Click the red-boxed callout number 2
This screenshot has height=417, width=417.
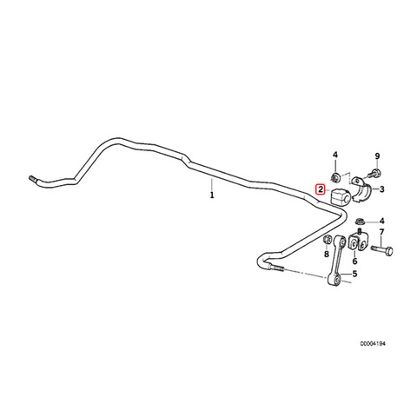click(x=321, y=190)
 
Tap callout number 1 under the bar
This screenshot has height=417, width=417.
click(x=212, y=195)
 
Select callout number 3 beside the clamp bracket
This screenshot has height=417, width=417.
click(x=382, y=189)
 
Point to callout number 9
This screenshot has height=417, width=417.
click(x=377, y=156)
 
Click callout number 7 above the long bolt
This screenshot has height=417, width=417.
click(x=381, y=232)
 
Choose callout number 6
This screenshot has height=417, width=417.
click(x=354, y=261)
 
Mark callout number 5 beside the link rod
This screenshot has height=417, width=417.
click(x=354, y=274)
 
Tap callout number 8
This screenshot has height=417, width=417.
click(x=327, y=255)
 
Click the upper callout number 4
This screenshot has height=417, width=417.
click(x=335, y=155)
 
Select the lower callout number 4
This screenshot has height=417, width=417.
click(x=382, y=222)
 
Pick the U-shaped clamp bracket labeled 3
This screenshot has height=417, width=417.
click(x=361, y=189)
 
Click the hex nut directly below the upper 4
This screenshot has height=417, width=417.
click(x=335, y=176)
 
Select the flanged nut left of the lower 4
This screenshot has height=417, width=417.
click(x=360, y=222)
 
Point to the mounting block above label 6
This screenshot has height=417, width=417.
click(x=358, y=242)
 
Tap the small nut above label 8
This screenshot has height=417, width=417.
click(x=327, y=240)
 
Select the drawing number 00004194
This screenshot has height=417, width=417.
click(x=373, y=344)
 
